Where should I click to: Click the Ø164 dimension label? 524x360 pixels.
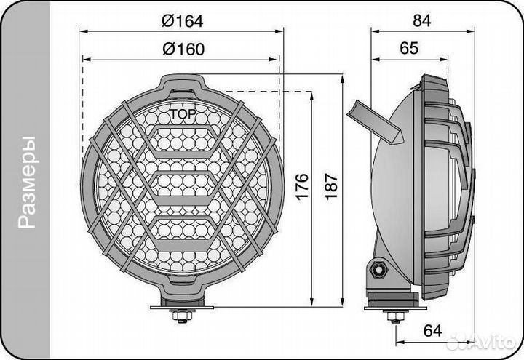click(181, 21)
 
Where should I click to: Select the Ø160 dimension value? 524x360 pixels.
click(181, 49)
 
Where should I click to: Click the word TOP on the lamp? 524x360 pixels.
click(182, 114)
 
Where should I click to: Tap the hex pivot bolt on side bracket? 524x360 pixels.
click(378, 270)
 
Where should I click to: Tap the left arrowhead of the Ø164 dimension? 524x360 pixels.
click(82, 31)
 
